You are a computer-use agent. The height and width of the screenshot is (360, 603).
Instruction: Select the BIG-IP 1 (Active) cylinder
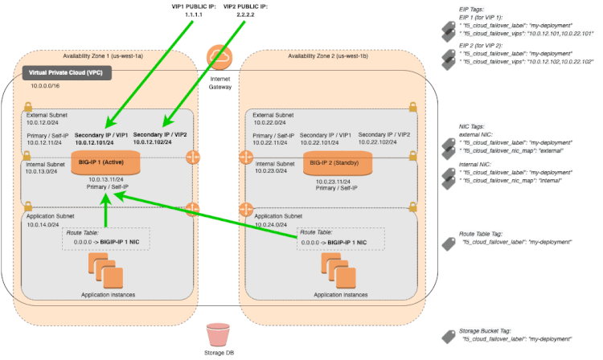pos(105,161)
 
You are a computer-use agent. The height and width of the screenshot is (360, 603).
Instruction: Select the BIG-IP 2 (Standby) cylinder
pos(338,162)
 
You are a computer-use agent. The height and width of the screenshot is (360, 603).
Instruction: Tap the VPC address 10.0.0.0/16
pos(47,84)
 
